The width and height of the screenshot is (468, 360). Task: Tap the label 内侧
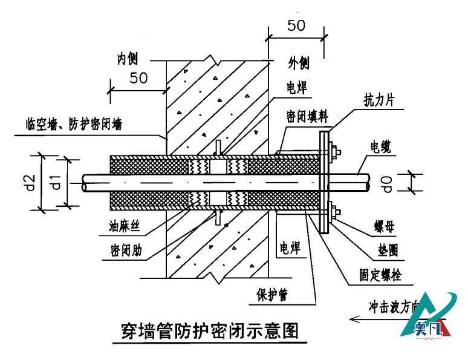click(128, 59)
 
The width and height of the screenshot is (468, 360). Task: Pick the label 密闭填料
click(307, 115)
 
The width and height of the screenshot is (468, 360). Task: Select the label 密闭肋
click(126, 250)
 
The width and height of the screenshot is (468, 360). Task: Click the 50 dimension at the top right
click(296, 25)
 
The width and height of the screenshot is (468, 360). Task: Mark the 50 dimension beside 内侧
click(138, 78)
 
